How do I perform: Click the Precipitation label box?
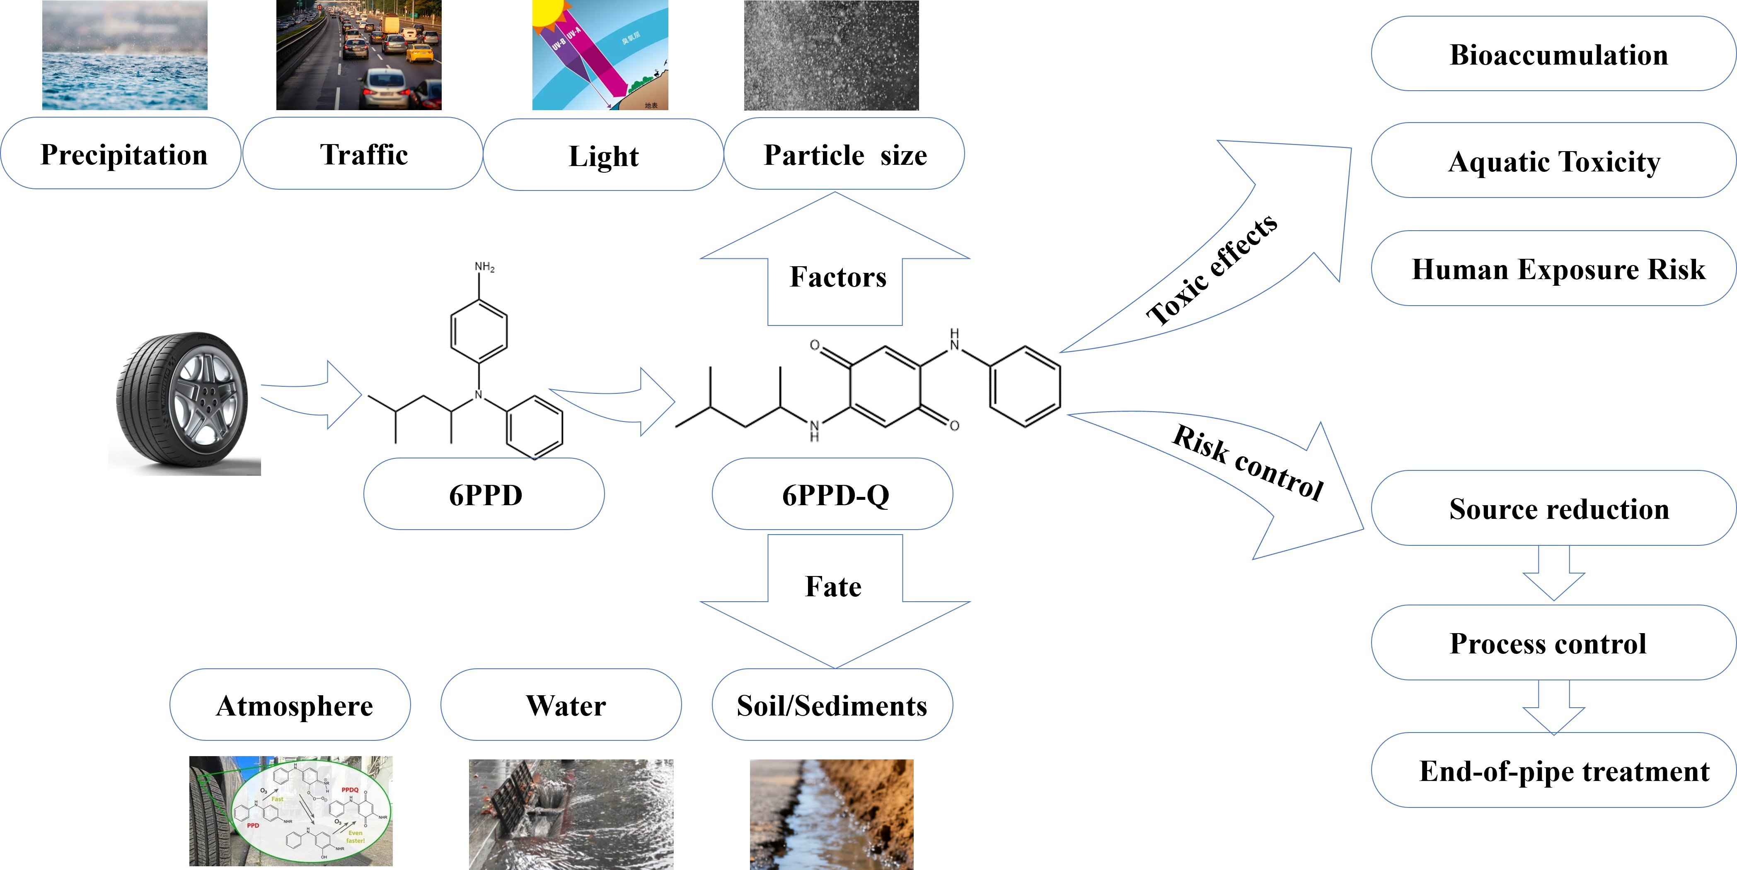pos(121,154)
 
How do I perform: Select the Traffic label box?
pos(363,154)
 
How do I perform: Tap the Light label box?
pos(603,155)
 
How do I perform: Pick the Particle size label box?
pos(844,154)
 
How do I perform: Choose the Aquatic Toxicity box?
pos(1554,160)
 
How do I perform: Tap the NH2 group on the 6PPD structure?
pos(484,267)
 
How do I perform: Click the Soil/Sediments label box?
pos(832,705)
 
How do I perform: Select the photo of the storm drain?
pos(571,813)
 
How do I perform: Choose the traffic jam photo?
pos(359,55)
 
